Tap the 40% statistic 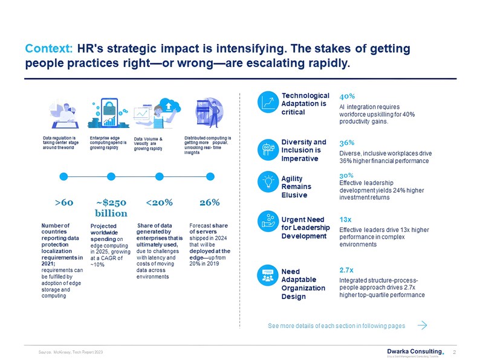[x=347, y=96]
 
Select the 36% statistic [x=347, y=143]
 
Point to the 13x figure [x=346, y=219]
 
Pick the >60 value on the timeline [x=64, y=202]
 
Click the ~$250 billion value [x=111, y=207]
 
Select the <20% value [x=160, y=202]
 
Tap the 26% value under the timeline [x=209, y=202]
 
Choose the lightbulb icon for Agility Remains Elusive [x=267, y=180]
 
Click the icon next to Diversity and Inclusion [x=267, y=149]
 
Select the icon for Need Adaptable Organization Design [x=267, y=275]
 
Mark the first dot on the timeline [x=62, y=176]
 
